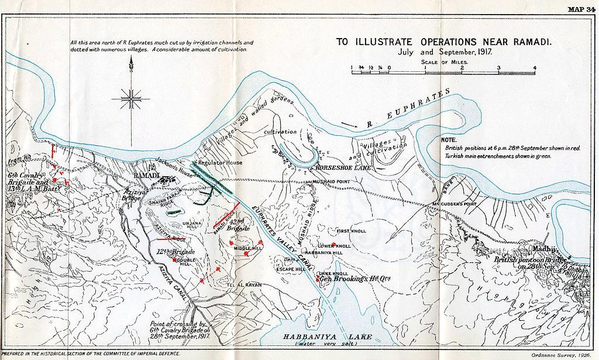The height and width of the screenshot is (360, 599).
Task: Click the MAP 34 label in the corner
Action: coord(581,8)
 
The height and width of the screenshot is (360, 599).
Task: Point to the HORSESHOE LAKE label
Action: coord(340,167)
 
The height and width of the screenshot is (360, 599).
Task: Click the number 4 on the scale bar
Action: coord(535,68)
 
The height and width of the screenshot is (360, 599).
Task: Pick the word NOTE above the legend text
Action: coord(449,141)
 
